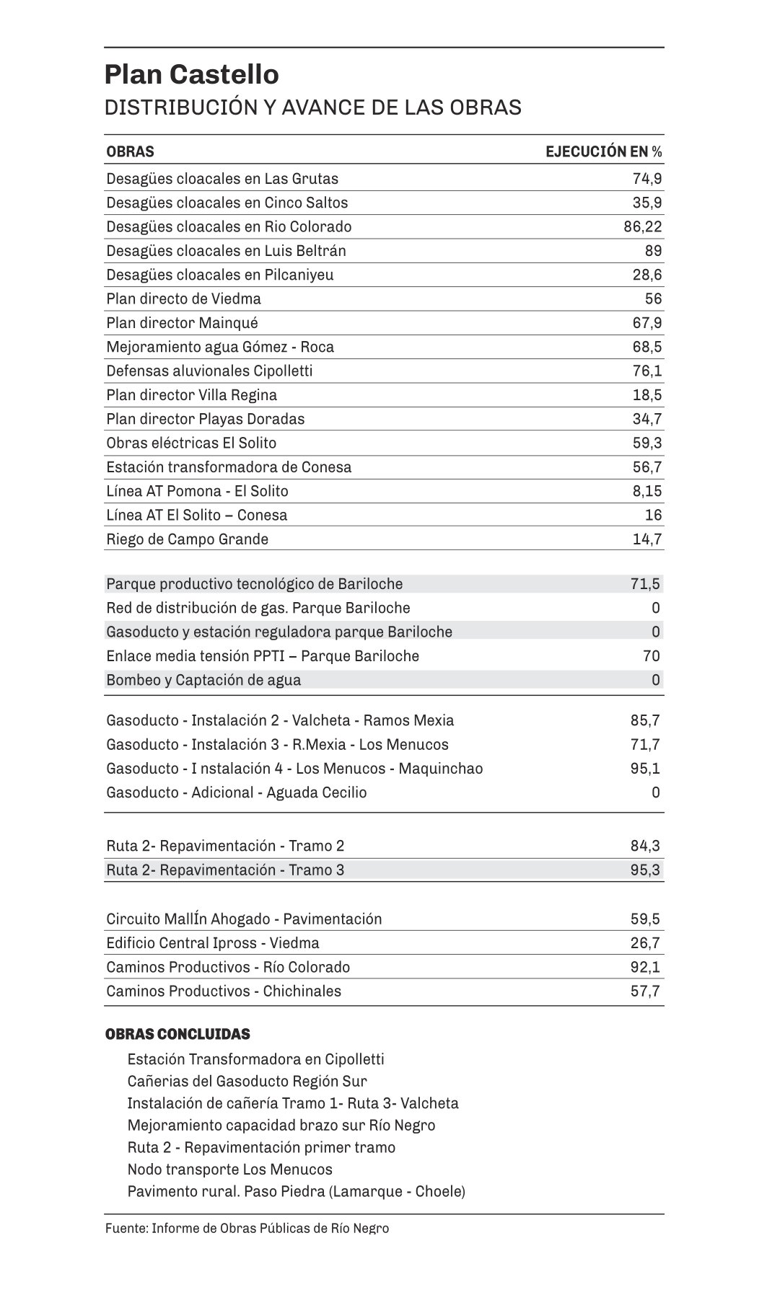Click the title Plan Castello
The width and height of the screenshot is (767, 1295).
click(191, 75)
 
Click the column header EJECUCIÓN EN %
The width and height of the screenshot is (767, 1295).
click(603, 151)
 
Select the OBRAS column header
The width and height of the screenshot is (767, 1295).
click(130, 151)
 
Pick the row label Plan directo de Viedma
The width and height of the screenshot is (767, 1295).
click(183, 299)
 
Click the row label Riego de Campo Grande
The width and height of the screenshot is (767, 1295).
click(187, 539)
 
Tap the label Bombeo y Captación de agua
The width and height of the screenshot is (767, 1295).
click(203, 680)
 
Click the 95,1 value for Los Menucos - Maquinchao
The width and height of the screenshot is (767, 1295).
click(645, 769)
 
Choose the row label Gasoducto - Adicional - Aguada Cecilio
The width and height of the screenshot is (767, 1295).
click(236, 792)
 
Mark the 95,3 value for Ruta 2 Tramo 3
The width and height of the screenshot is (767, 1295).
click(645, 870)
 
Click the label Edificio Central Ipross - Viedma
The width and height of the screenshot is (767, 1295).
click(212, 943)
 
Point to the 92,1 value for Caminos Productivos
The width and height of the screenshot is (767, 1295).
click(645, 967)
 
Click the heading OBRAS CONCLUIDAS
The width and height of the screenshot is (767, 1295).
click(177, 1034)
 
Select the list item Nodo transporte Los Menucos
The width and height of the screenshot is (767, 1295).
click(229, 1169)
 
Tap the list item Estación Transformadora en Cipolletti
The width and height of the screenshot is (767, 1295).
click(255, 1059)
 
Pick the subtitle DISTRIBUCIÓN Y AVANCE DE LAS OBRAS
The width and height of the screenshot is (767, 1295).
click(312, 107)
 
